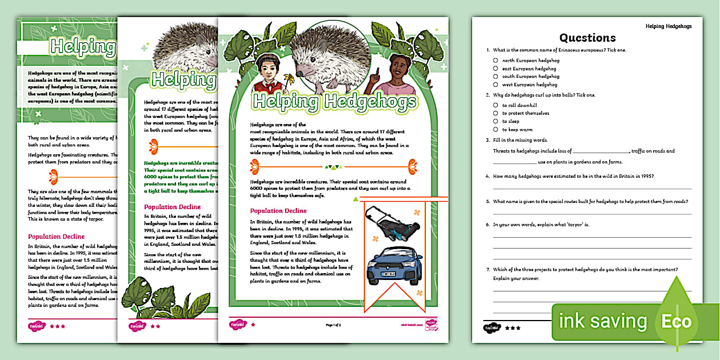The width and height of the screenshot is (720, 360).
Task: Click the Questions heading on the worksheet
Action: pyautogui.click(x=587, y=38)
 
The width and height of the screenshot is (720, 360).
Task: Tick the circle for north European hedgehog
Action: pyautogui.click(x=495, y=60)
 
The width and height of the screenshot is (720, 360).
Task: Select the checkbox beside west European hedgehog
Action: pyautogui.click(x=495, y=84)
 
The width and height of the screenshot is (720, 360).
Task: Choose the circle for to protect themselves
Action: pyautogui.click(x=495, y=113)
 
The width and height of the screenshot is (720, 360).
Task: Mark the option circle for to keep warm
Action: pyautogui.click(x=495, y=130)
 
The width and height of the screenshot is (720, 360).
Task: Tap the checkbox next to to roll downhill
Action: pyautogui.click(x=495, y=105)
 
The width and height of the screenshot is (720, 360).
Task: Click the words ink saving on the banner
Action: pyautogui.click(x=602, y=321)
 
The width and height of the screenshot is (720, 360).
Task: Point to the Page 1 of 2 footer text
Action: pyautogui.click(x=333, y=325)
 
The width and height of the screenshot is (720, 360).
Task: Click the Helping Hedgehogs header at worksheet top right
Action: pyautogui.click(x=668, y=26)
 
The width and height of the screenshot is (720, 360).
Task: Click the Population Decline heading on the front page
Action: pyautogui.click(x=278, y=211)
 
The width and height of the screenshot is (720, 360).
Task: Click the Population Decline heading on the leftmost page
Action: pyautogui.click(x=56, y=236)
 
